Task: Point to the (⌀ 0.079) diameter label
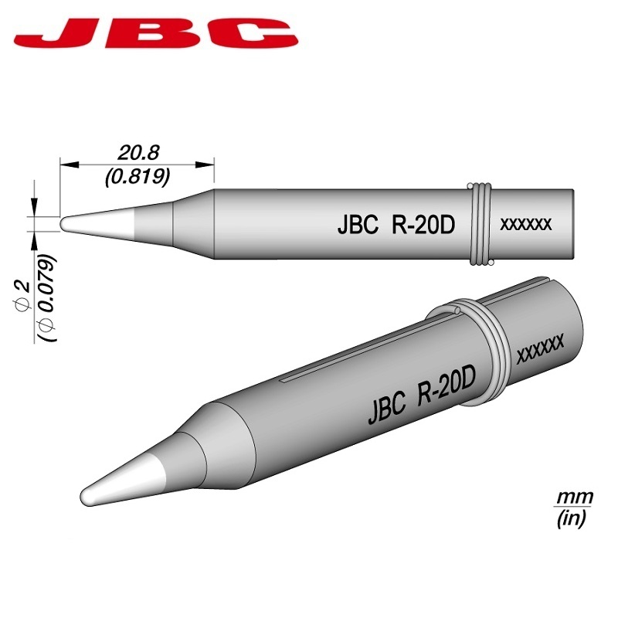tap(48, 297)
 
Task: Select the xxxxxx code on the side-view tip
tap(526, 225)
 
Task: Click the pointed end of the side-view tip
tap(65, 223)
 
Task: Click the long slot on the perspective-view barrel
tap(363, 348)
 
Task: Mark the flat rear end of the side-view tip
tap(572, 224)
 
